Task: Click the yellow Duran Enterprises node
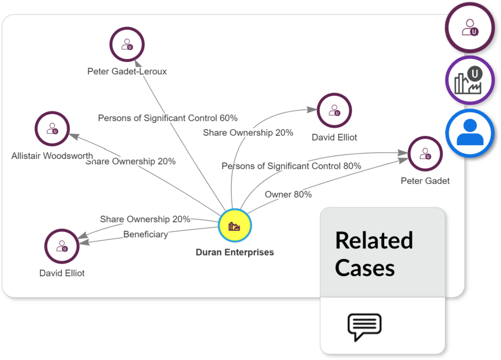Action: point(235,225)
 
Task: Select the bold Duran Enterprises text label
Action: point(235,252)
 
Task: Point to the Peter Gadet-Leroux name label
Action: point(127,71)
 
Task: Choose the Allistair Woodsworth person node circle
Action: point(52,129)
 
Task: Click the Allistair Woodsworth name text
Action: point(52,156)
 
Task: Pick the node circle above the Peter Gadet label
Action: point(425,154)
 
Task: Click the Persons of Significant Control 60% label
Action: point(168,118)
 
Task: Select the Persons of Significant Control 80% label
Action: point(291,166)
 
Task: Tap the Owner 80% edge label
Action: point(288,195)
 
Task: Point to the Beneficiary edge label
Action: point(145,234)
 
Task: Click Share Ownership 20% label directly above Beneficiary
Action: point(145,220)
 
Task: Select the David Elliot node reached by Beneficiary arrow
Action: point(62,246)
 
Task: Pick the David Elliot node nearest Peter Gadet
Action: point(334,111)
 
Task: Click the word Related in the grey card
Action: point(374,241)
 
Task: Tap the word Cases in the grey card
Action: point(364,268)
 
